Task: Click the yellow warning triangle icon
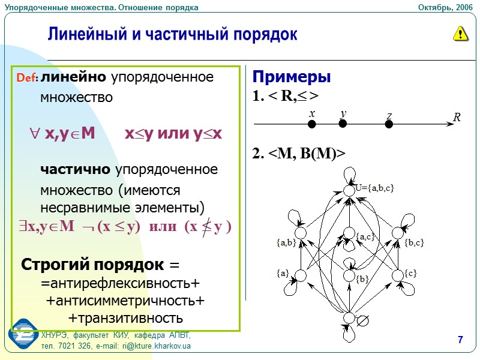tap(460, 34)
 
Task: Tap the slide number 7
tap(460, 341)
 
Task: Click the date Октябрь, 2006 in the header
tap(446, 7)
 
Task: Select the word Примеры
tap(292, 77)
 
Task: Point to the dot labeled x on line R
tap(312, 124)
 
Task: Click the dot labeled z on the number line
tap(389, 124)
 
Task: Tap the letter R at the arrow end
tap(457, 118)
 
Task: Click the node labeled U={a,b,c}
tap(349, 190)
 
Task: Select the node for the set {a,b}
tap(301, 232)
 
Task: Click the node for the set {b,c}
tap(397, 232)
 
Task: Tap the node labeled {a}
tap(301, 275)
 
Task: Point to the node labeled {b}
tap(349, 275)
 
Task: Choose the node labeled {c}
tap(397, 275)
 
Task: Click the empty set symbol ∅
tap(362, 321)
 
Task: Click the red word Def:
tap(28, 78)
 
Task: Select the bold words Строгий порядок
tap(93, 264)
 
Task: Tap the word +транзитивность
tap(125, 317)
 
